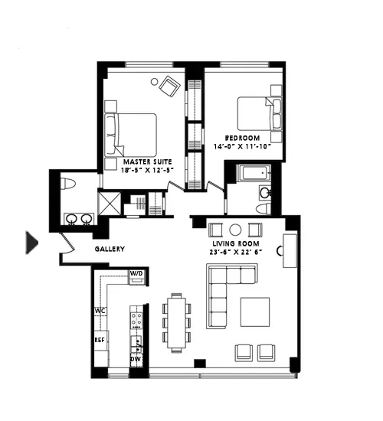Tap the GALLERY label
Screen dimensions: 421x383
(110, 250)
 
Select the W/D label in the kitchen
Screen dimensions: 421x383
(136, 273)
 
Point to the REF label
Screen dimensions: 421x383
(100, 339)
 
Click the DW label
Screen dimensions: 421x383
(136, 358)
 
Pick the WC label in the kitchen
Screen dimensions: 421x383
(100, 311)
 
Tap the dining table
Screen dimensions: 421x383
(176, 322)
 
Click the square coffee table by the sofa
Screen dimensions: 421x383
(255, 312)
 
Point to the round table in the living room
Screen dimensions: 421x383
(235, 229)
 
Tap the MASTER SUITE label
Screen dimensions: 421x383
(148, 162)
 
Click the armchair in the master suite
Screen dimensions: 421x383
(169, 86)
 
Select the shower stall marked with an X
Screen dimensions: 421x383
(110, 204)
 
